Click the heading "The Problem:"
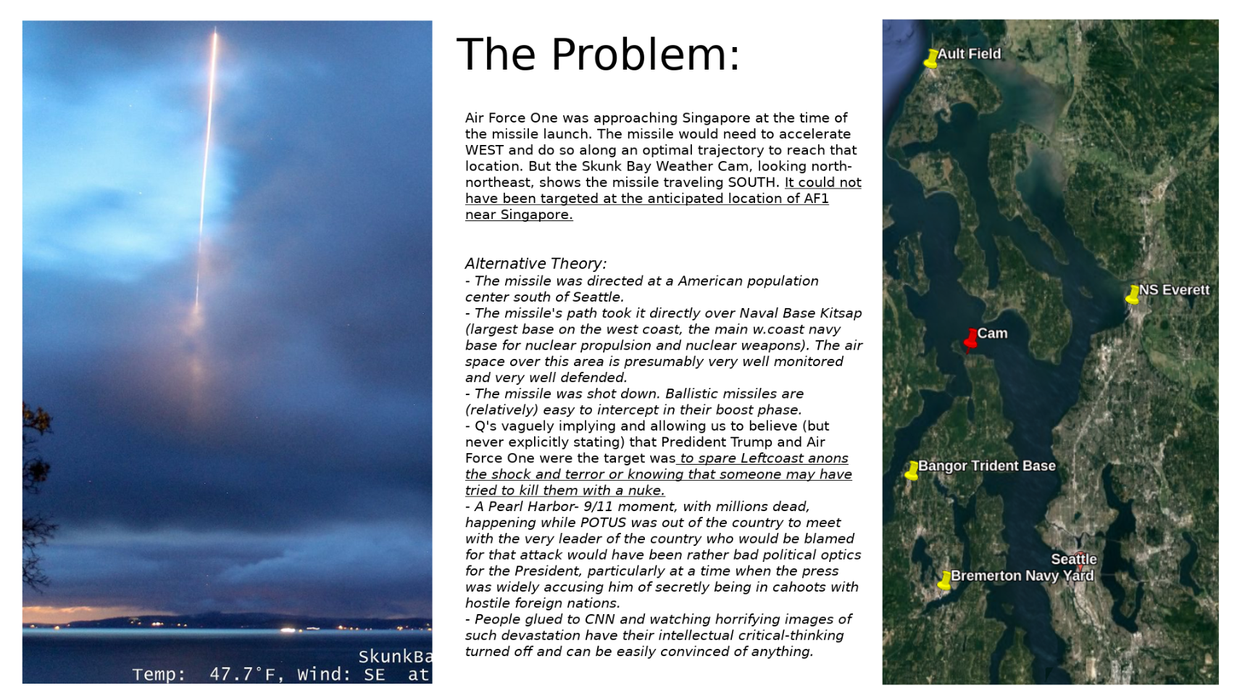coord(598,54)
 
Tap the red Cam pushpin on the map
coord(970,339)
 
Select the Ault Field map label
coord(969,54)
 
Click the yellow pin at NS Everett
coord(1133,294)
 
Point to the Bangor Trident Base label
coord(986,465)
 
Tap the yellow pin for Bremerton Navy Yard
coord(944,580)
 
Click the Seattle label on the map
coord(1073,559)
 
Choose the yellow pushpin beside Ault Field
coord(931,58)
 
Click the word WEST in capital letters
coord(484,150)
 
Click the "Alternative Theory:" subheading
coord(536,263)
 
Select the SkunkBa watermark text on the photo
coord(395,657)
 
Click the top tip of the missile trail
coord(215,30)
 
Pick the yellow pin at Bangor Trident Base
coord(912,471)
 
